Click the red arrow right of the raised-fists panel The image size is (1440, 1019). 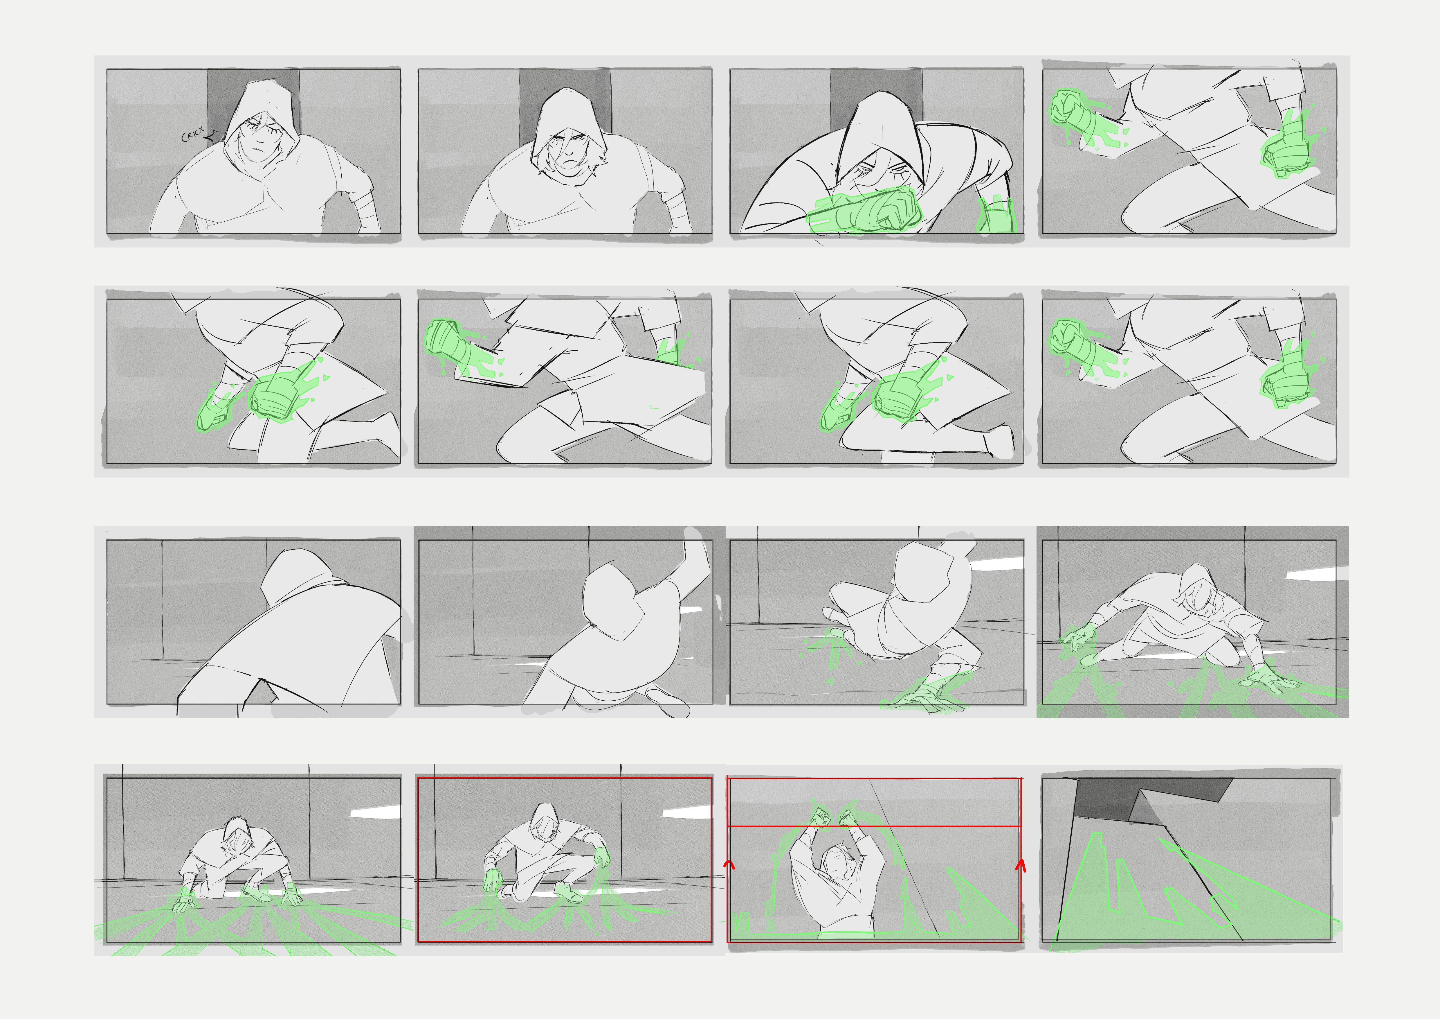[x=1020, y=866]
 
